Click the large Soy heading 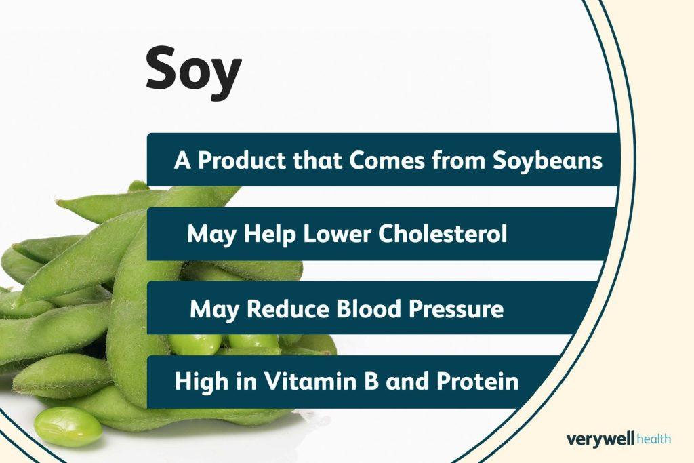tap(194, 72)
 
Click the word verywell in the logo tap(600, 439)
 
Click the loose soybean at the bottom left tap(68, 426)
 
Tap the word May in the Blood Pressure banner tap(212, 309)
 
